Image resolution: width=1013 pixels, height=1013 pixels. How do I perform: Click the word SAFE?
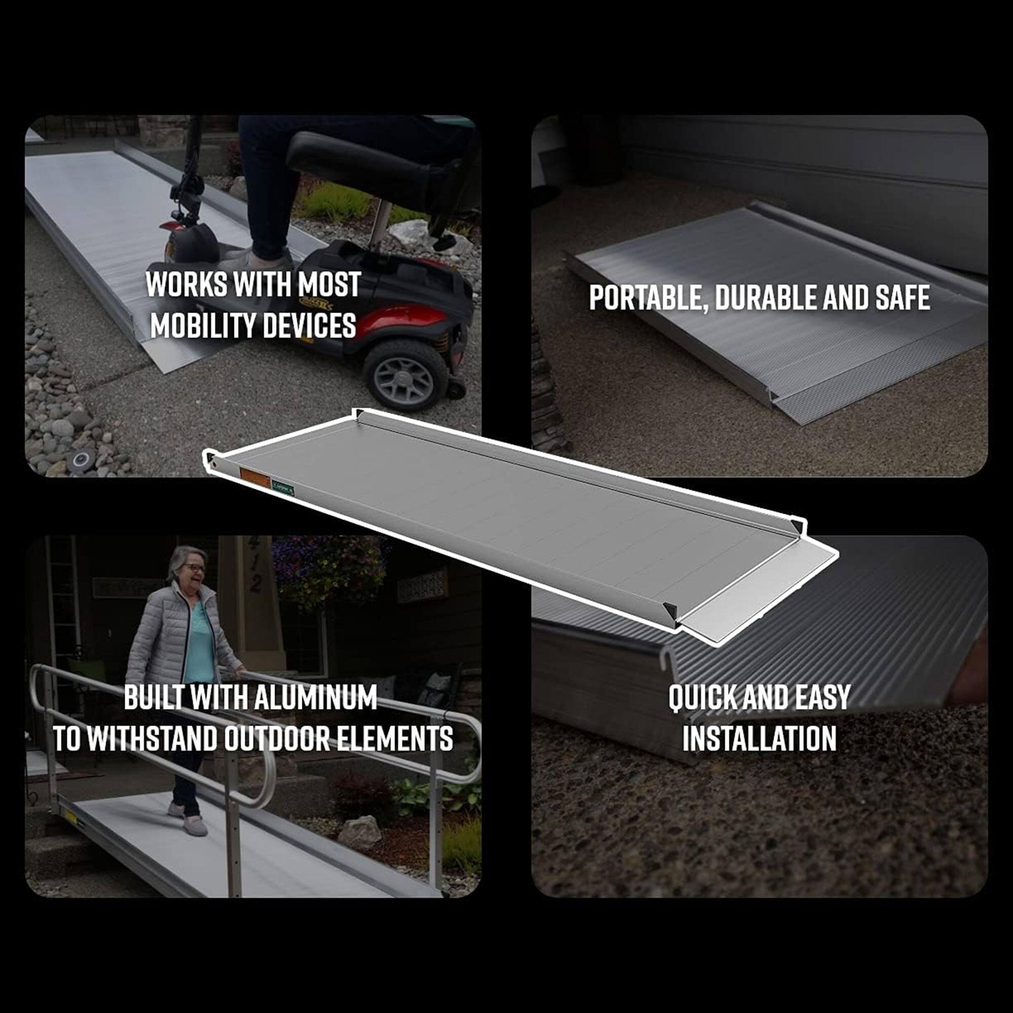coord(903,298)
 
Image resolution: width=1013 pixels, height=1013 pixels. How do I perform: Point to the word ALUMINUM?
coord(316,697)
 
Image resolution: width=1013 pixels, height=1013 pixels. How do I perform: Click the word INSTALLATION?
coord(759,739)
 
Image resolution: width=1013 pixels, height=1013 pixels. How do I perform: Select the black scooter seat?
coord(367,158)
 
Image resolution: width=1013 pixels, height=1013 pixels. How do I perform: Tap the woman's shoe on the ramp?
coord(195,826)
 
